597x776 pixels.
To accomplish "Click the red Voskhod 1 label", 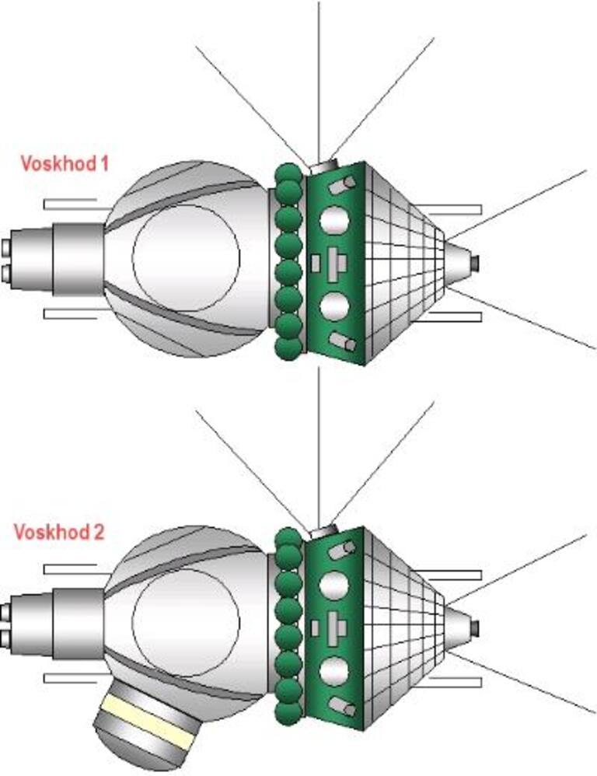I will coord(64,164).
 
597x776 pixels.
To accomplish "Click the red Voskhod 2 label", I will coord(58,533).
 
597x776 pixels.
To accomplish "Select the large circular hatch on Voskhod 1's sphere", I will coord(186,257).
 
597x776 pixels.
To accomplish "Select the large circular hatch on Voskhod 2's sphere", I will coord(186,623).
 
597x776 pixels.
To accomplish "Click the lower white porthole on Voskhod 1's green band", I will coord(334,306).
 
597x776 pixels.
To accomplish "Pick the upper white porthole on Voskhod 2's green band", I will coord(334,585).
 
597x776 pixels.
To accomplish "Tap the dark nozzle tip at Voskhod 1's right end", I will coord(475,264).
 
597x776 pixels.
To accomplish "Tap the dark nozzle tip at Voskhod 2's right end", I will coord(475,627).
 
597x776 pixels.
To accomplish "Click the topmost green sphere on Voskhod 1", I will coord(288,173).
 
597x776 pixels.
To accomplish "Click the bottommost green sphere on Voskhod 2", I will coord(288,712).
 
